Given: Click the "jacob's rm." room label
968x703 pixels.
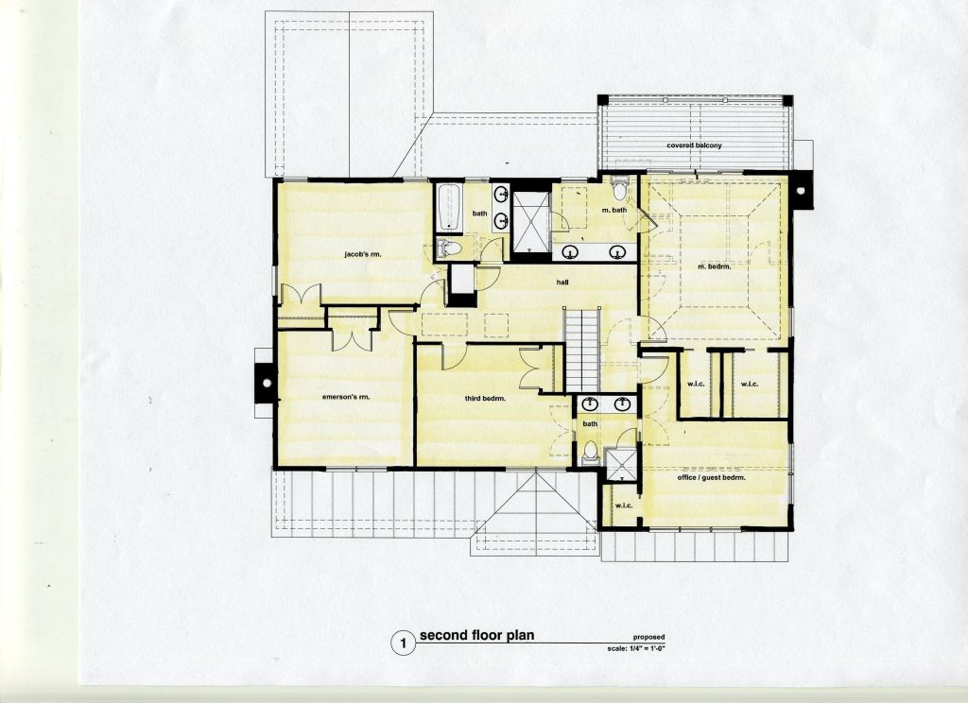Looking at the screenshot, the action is click(361, 253).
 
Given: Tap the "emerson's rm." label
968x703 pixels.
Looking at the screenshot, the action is click(346, 397).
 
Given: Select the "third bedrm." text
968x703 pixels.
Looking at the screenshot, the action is click(485, 399).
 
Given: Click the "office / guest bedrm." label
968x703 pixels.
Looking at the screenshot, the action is click(711, 478).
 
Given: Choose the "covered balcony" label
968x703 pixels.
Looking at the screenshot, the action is click(694, 146).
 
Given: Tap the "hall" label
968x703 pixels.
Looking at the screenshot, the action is click(562, 283).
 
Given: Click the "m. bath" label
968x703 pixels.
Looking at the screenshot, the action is click(614, 210).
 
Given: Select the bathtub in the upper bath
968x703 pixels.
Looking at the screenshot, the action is click(449, 207).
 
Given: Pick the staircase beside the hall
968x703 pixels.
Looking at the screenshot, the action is click(582, 350).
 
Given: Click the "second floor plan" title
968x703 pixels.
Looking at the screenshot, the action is click(476, 634).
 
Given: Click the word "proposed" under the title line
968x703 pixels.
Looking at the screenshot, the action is click(648, 638).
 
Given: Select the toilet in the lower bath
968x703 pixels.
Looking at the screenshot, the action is click(591, 451).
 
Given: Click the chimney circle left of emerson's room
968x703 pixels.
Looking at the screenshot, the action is click(267, 383).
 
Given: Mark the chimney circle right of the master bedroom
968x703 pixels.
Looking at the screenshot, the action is click(801, 191).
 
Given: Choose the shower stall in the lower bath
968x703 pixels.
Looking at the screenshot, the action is click(620, 462).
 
